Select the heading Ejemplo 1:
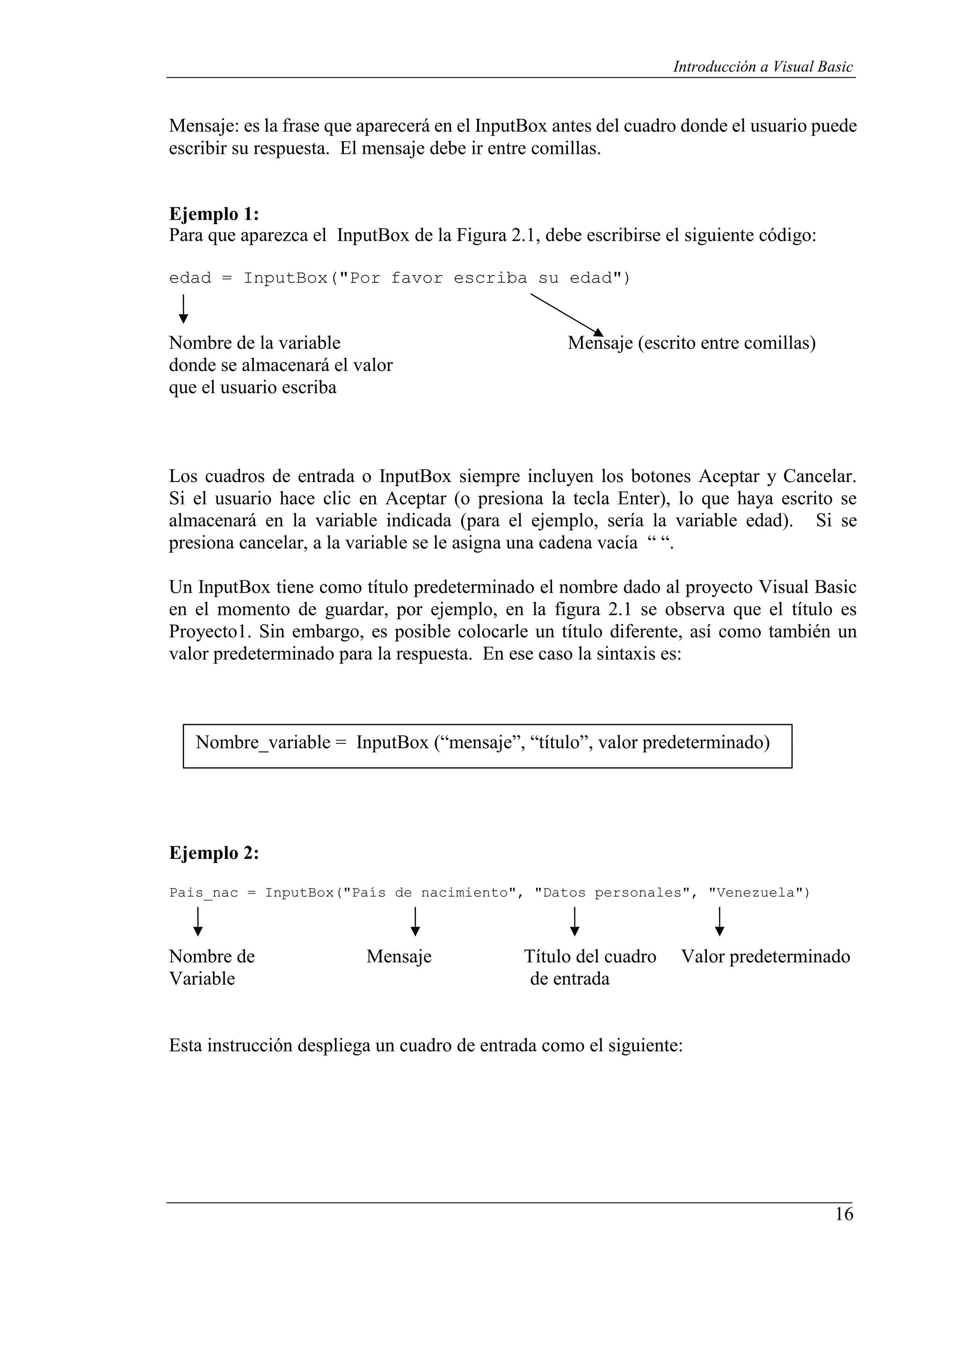click(214, 213)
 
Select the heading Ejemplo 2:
click(214, 853)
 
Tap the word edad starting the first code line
click(189, 278)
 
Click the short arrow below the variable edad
click(183, 309)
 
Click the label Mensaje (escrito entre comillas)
click(691, 343)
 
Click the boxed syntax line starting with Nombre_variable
click(482, 742)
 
